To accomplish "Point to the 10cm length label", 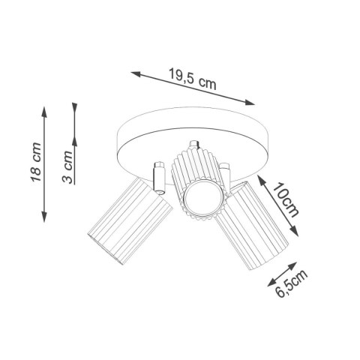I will (287, 199).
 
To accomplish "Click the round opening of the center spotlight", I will (199, 199).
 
